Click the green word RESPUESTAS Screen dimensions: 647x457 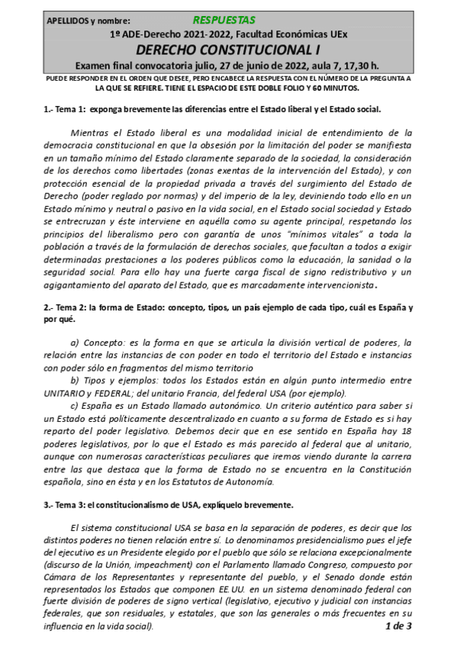click(224, 20)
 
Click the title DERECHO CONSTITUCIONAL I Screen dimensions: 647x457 click(229, 50)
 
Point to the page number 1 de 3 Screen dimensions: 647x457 click(398, 626)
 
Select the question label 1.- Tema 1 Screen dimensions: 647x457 click(65, 108)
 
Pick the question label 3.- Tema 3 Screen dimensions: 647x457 click(65, 505)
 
